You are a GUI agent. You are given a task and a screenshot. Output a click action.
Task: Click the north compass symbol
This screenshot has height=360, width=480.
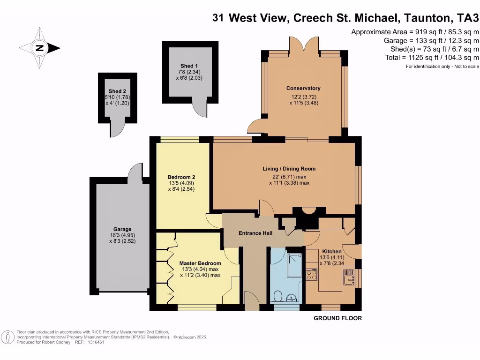click(x=40, y=47)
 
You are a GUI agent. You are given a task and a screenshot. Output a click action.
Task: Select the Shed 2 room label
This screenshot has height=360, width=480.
click(x=117, y=91)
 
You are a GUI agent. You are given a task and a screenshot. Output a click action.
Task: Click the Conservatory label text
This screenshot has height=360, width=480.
click(x=303, y=88)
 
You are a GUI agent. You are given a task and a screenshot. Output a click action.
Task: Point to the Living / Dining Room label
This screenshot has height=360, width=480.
click(x=289, y=169)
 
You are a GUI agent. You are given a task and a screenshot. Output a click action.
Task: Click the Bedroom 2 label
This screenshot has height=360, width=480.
click(x=181, y=177)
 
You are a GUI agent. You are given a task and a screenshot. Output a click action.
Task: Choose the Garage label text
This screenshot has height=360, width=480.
click(x=122, y=229)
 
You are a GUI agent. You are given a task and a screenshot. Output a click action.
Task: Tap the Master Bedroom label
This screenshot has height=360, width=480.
click(x=200, y=263)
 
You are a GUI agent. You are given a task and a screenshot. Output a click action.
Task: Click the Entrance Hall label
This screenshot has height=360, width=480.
click(x=256, y=233)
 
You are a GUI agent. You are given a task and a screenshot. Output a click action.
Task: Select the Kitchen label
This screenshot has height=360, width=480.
click(x=331, y=251)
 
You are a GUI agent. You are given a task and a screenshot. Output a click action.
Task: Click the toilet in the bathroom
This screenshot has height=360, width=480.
click(x=277, y=296)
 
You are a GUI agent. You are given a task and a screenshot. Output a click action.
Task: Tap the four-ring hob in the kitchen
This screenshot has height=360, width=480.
click(x=312, y=275)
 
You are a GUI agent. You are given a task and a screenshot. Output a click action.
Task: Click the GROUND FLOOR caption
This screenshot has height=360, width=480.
click(x=337, y=318)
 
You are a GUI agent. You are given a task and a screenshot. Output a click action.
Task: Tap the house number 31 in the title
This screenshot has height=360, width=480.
click(x=218, y=18)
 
